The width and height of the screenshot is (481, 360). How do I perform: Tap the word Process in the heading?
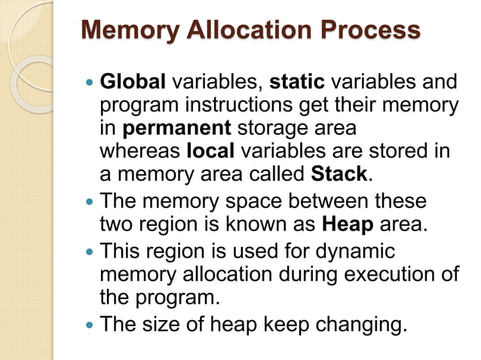tap(369, 31)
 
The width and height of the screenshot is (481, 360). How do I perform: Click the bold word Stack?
tap(339, 175)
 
